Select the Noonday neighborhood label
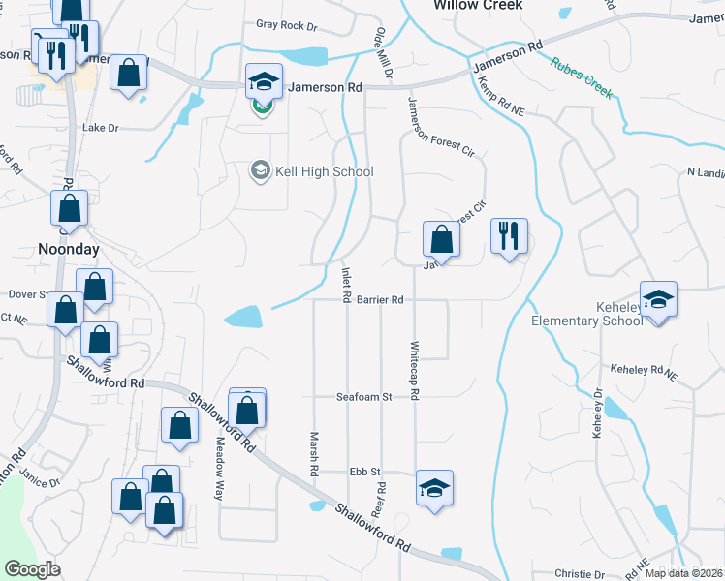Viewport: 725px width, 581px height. click(x=69, y=248)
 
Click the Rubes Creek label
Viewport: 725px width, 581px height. click(x=582, y=77)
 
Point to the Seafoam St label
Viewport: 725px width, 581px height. click(x=362, y=397)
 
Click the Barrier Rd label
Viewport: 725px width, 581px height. click(x=379, y=300)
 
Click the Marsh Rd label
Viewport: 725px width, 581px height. click(x=314, y=452)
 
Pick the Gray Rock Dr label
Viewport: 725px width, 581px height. click(x=287, y=25)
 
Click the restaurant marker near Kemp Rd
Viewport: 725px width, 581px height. click(x=509, y=235)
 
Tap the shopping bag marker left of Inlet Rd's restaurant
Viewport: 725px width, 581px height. click(x=441, y=238)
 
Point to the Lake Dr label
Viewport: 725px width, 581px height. click(x=100, y=127)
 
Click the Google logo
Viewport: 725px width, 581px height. click(x=32, y=569)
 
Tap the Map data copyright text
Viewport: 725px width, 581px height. click(x=683, y=573)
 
